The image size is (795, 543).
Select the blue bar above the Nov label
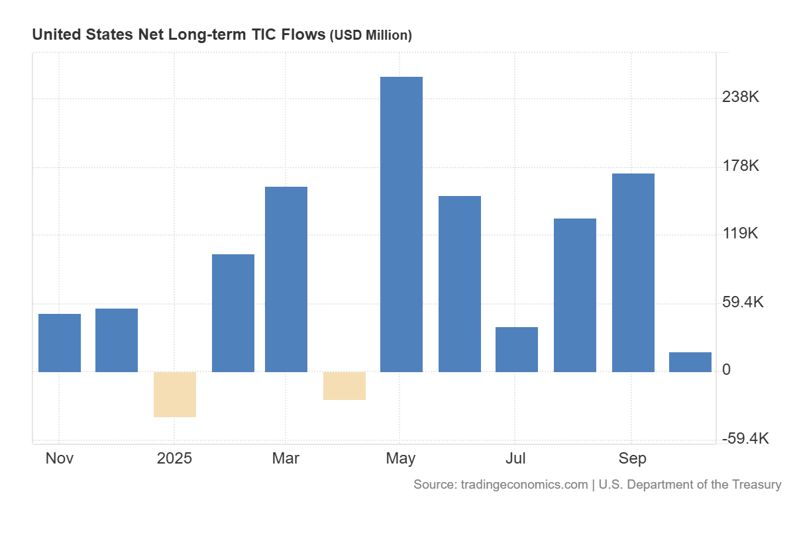60,342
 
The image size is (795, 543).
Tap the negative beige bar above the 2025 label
175,394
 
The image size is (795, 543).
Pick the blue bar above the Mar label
286,279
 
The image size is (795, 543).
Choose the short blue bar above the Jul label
517,349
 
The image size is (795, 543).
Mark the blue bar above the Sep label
633,272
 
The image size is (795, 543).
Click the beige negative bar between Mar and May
344,385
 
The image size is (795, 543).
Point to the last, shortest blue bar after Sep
690,362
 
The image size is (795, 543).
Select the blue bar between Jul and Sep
575,295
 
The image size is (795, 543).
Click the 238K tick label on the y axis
741,97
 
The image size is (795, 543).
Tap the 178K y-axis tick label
741,166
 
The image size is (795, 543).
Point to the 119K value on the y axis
741,234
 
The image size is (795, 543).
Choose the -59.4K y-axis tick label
744,438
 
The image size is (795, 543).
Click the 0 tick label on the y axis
727,370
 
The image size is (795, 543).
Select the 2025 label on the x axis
174,458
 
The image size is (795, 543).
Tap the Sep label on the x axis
633,458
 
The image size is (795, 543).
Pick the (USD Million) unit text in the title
371,35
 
